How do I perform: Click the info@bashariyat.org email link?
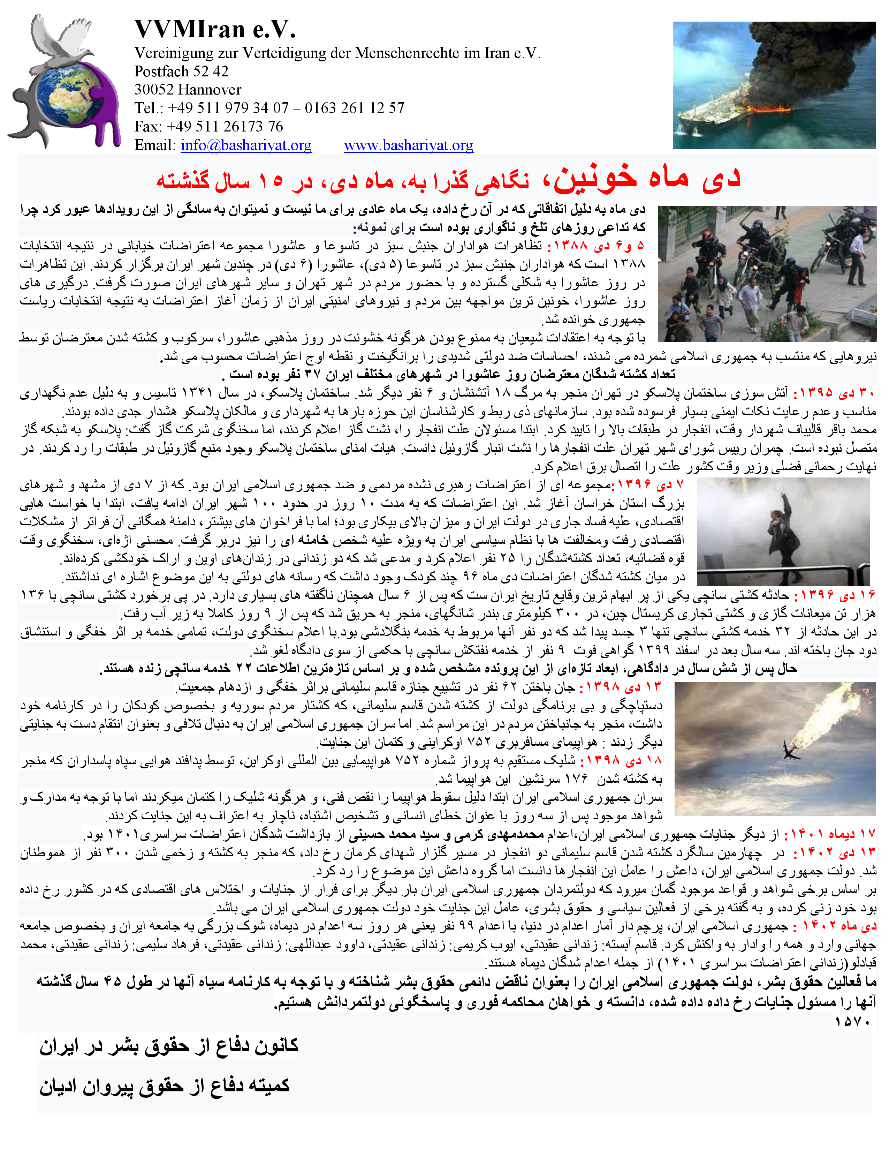246,145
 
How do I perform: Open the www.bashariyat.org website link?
408,145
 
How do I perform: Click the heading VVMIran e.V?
215,30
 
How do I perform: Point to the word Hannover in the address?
210,90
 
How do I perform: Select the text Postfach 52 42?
181,71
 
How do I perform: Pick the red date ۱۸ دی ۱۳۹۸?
622,760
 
